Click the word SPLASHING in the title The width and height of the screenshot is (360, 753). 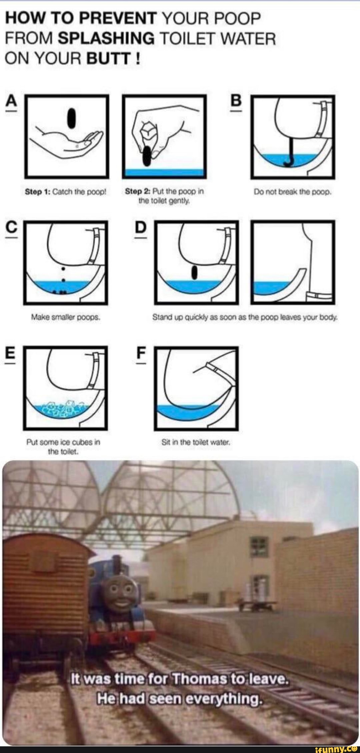pos(106,39)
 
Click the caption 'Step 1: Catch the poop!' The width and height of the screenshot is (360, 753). pos(66,192)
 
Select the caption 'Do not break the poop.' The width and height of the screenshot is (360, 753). pos(292,192)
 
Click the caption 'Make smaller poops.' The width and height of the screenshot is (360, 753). pos(65,318)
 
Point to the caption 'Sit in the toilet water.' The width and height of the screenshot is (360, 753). pos(196,443)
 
